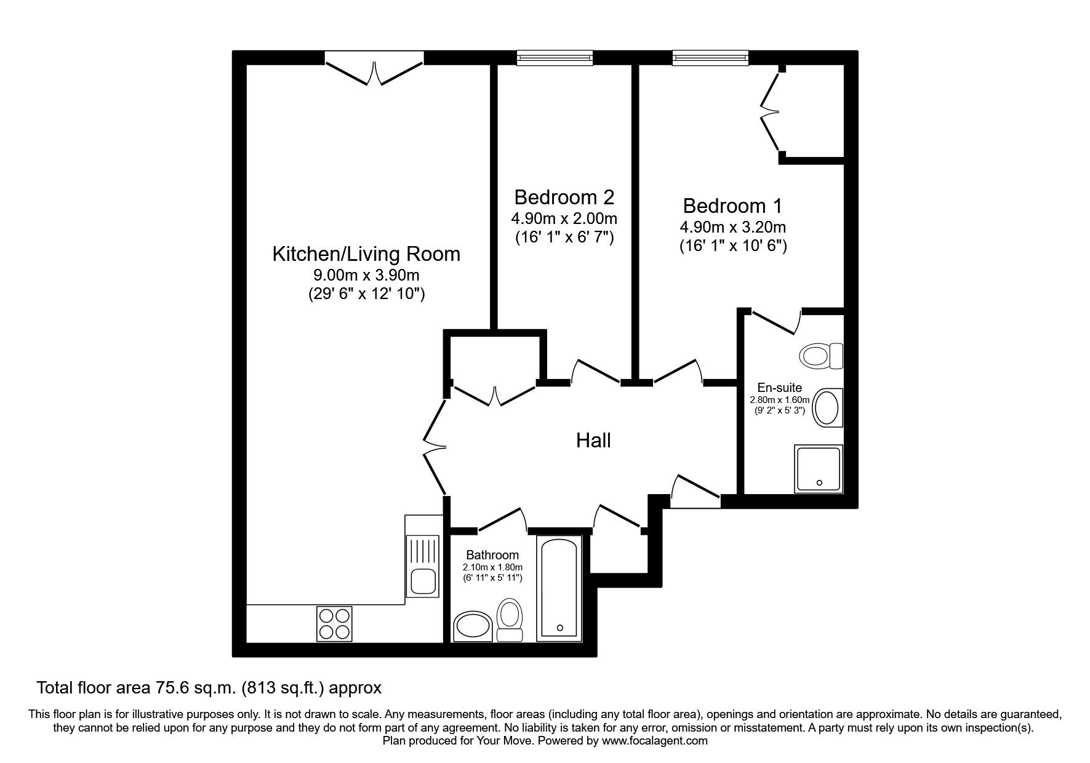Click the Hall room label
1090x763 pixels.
[x=593, y=441]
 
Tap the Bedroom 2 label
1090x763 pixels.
[x=564, y=198]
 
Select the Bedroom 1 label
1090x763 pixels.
[x=732, y=206]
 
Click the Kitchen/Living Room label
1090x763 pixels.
[x=366, y=254]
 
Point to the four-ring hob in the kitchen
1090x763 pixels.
[x=335, y=623]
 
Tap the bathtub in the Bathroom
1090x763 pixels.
[x=559, y=588]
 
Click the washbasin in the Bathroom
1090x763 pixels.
[x=473, y=627]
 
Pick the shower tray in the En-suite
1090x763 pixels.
[x=818, y=468]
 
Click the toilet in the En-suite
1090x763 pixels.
[x=821, y=356]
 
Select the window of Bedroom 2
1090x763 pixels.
[x=555, y=58]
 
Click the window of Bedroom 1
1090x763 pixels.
[x=711, y=58]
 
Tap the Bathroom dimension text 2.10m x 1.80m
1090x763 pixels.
[x=493, y=567]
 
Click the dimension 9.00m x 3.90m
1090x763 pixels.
[x=366, y=276]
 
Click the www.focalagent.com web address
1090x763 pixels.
[x=655, y=741]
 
